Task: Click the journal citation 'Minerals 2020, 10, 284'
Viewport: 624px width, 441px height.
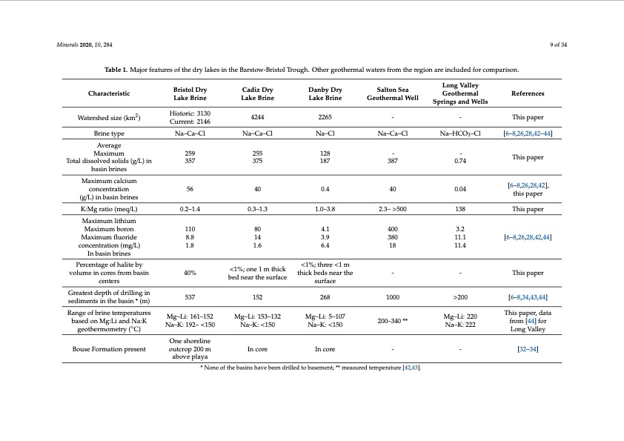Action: click(84, 45)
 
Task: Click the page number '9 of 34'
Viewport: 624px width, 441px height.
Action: click(559, 45)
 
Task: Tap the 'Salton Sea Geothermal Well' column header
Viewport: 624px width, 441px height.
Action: click(393, 93)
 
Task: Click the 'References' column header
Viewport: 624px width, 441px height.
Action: click(528, 93)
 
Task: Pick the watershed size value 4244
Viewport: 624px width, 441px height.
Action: click(253, 117)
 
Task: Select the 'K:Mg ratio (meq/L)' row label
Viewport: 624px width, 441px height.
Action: click(109, 209)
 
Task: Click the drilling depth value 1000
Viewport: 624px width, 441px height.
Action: click(393, 297)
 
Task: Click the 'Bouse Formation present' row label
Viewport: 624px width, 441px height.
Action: click(109, 348)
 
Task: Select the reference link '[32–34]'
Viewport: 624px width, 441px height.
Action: click(528, 348)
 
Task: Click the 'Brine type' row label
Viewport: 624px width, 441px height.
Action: click(109, 133)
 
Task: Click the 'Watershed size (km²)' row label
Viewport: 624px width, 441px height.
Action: click(109, 117)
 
